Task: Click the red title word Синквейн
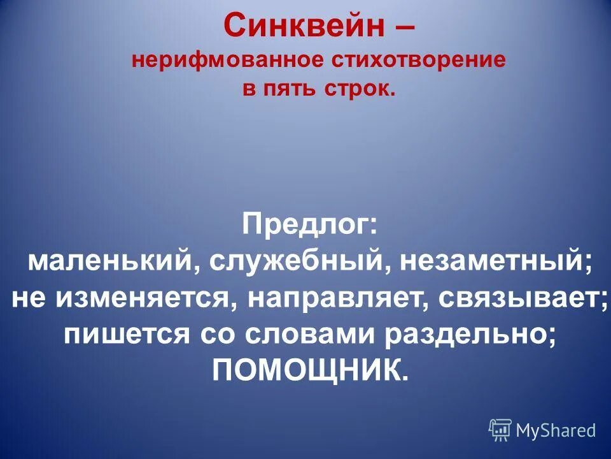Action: [x=304, y=26]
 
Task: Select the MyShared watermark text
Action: [x=556, y=430]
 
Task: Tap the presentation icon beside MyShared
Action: [x=500, y=430]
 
